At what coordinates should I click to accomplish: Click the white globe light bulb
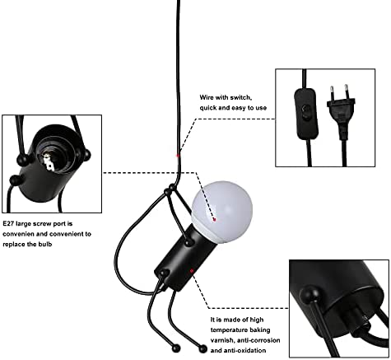point(221,212)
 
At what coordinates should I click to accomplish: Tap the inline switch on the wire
point(306,114)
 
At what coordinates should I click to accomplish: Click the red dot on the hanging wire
point(178,156)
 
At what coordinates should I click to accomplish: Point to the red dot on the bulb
point(215,219)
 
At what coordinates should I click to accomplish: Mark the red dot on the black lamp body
point(192,271)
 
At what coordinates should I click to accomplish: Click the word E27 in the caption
point(8,224)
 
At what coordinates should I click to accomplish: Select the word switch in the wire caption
point(240,97)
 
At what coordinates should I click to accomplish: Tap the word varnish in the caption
point(221,340)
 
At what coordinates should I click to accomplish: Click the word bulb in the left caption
point(44,244)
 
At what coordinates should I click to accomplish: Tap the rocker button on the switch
point(305,114)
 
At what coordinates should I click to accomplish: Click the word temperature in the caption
point(226,330)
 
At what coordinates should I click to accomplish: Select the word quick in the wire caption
point(207,108)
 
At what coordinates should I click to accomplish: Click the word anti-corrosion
point(258,340)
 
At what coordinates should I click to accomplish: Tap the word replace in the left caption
point(13,244)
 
